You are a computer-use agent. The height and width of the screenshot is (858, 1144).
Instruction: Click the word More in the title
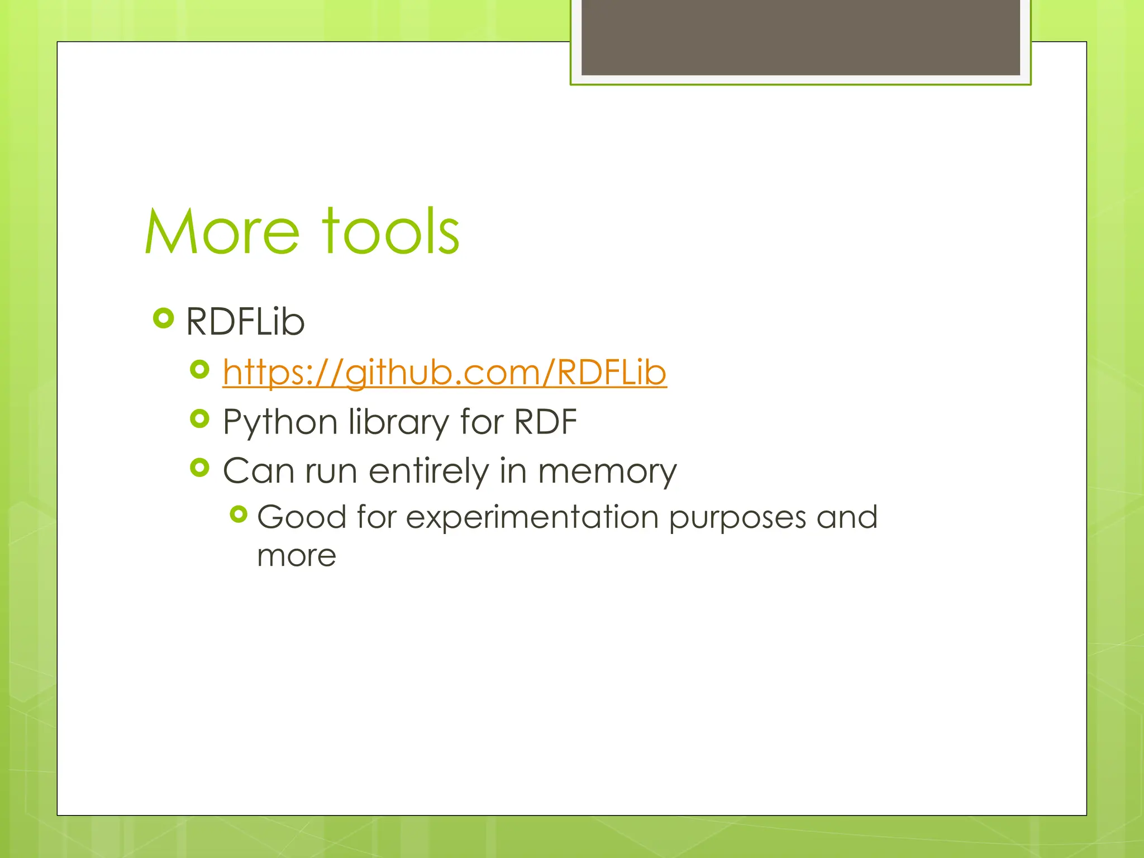pos(222,232)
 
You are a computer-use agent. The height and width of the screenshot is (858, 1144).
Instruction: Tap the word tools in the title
pos(391,232)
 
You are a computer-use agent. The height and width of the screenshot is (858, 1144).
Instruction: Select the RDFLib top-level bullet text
pos(245,322)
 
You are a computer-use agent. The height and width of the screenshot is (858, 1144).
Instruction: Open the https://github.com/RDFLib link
pos(444,372)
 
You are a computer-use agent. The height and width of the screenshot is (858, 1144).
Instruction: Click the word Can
pos(258,470)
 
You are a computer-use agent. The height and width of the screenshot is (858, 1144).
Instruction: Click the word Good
pos(302,517)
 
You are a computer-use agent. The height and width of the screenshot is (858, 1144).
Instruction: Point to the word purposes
pos(737,518)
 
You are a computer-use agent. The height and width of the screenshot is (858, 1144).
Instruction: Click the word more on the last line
pos(297,556)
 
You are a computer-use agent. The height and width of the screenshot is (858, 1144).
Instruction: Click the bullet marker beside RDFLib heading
pos(163,318)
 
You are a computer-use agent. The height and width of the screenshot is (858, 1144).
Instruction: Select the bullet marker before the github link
pos(199,369)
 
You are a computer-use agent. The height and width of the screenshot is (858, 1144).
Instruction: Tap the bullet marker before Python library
pos(199,418)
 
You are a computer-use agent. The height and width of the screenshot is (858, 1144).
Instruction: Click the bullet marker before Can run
pos(199,468)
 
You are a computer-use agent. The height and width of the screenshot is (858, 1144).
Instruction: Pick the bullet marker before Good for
pos(239,514)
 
